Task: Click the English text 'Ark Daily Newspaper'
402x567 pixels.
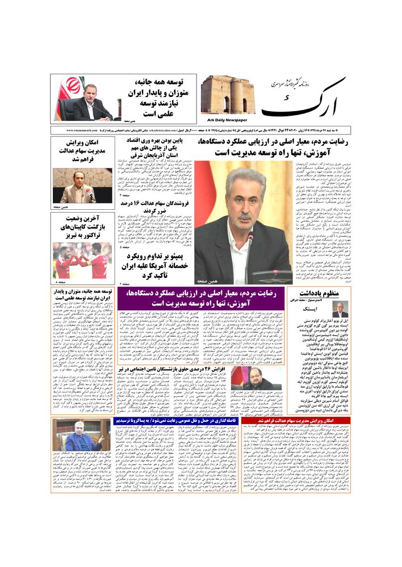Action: click(231, 120)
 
